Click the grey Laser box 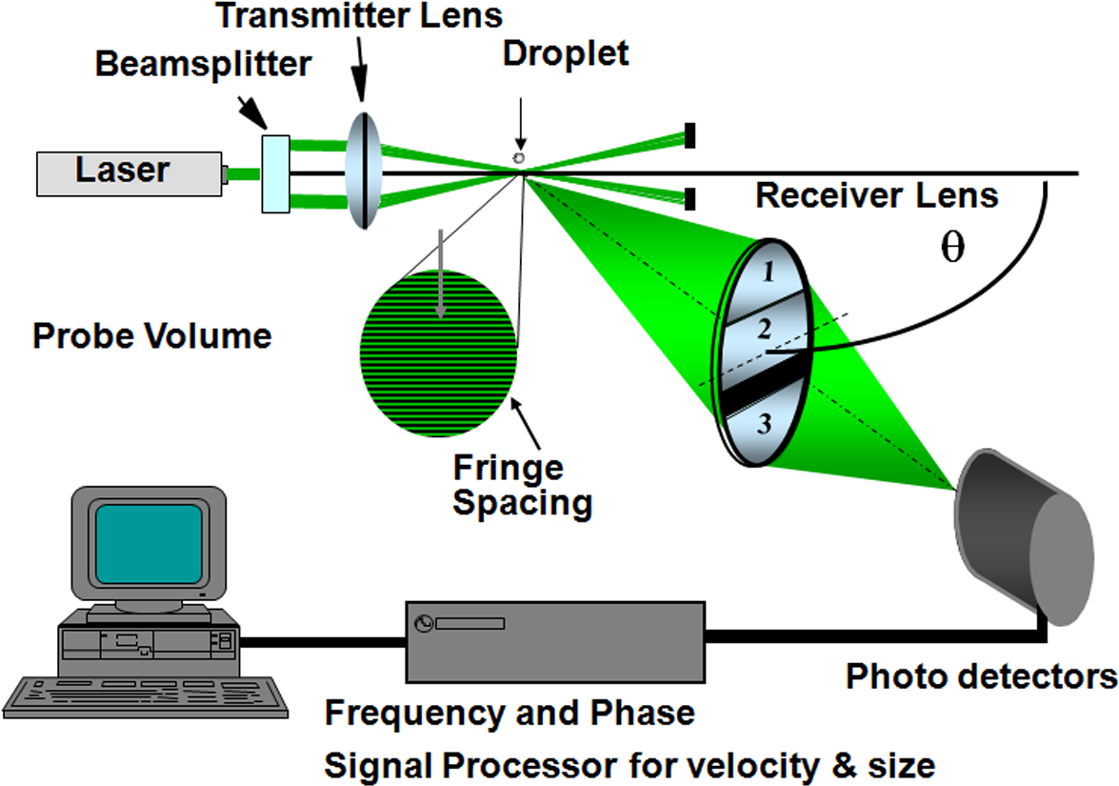pos(130,171)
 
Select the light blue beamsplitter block pos(275,173)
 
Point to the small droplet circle pos(519,157)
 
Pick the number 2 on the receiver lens pos(763,331)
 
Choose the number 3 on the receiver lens pos(763,425)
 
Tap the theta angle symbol pos(951,248)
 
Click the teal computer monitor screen pos(149,544)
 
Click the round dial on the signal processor pos(424,624)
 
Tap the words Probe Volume pos(152,336)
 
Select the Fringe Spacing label pos(521,485)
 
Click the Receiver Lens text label pos(876,196)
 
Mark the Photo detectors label pos(981,676)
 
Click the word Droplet pos(566,53)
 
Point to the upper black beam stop pos(689,135)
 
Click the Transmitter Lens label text pos(359,16)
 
